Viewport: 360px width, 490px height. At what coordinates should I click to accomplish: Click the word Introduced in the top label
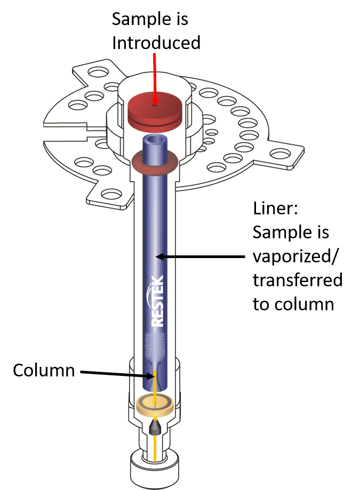(156, 42)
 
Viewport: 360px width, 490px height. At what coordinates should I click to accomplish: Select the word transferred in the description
(298, 280)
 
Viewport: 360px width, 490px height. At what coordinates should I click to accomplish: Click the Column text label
(44, 370)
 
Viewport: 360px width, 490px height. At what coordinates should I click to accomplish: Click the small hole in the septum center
(155, 105)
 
